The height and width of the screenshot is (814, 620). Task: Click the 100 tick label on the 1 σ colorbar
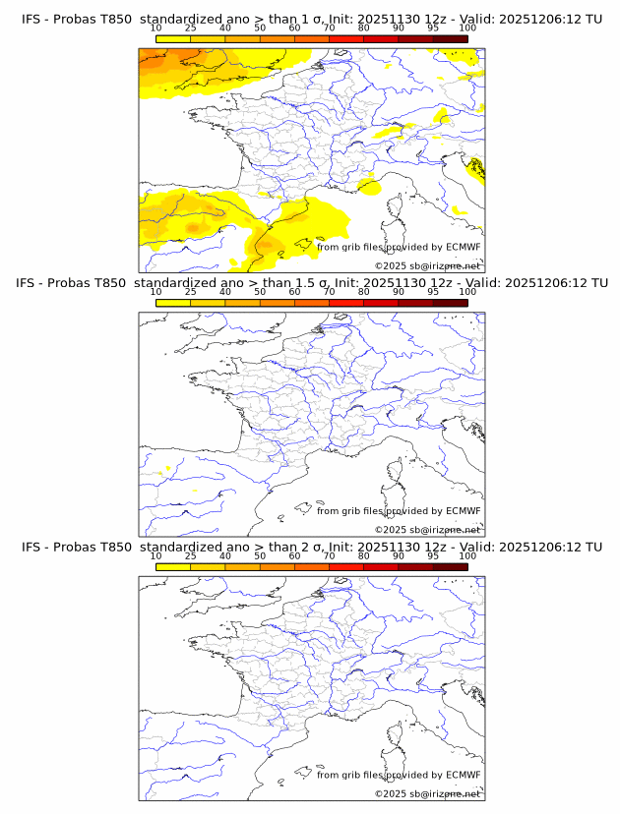(x=467, y=28)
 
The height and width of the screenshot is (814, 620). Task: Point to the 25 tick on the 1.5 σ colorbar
(x=191, y=292)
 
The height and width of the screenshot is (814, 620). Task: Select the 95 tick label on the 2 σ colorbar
(x=433, y=555)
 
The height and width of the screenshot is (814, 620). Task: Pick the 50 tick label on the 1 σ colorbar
(x=260, y=28)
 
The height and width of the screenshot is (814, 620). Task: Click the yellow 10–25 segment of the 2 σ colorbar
(x=173, y=566)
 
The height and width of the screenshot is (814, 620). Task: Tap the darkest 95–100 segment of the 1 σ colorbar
(x=450, y=38)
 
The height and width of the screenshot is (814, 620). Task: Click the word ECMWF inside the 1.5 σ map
(x=463, y=511)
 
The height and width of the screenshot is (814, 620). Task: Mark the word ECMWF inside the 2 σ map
(x=463, y=775)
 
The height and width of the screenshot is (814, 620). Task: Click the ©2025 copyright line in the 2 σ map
(x=427, y=793)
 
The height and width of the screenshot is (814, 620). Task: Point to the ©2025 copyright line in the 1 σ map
(x=427, y=266)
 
